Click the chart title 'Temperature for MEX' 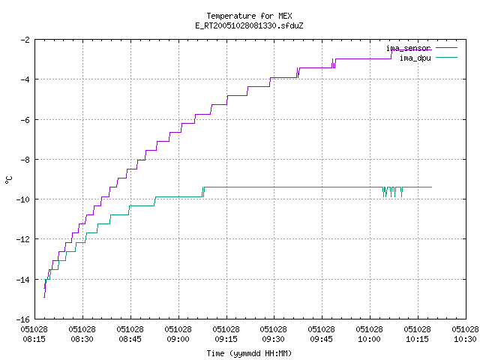[249, 16]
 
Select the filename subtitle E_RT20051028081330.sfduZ [249, 25]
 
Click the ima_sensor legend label [408, 48]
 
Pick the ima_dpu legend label [415, 58]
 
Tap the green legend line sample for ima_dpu [446, 57]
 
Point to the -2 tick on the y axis [25, 40]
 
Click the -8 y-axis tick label [25, 160]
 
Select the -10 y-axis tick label [23, 199]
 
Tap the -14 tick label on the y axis [23, 280]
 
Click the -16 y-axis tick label [23, 319]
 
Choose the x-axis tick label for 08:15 [34, 334]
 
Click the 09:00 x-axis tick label [178, 334]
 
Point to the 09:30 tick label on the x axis [273, 334]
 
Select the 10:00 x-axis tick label [369, 334]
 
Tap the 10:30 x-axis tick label [465, 334]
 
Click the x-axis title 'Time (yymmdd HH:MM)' [249, 353]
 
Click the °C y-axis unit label [8, 180]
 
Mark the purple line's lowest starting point [44, 297]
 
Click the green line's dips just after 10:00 [393, 192]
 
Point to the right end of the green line [432, 187]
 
